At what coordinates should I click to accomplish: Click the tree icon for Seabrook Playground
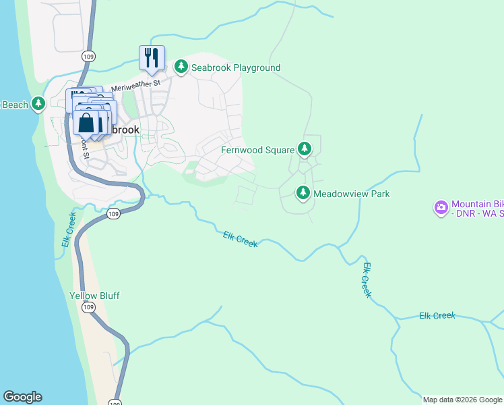[181, 67]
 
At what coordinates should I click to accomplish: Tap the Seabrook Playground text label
[236, 67]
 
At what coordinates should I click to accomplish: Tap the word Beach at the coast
[15, 105]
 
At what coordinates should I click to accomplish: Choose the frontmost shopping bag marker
[86, 124]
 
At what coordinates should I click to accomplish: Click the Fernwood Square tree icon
[305, 148]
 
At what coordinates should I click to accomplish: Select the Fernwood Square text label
[258, 150]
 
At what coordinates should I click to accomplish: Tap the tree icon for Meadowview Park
[303, 194]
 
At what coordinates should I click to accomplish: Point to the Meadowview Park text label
[351, 194]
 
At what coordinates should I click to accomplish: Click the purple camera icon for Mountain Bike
[441, 209]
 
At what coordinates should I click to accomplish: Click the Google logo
[22, 397]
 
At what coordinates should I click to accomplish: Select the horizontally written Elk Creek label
[437, 315]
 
